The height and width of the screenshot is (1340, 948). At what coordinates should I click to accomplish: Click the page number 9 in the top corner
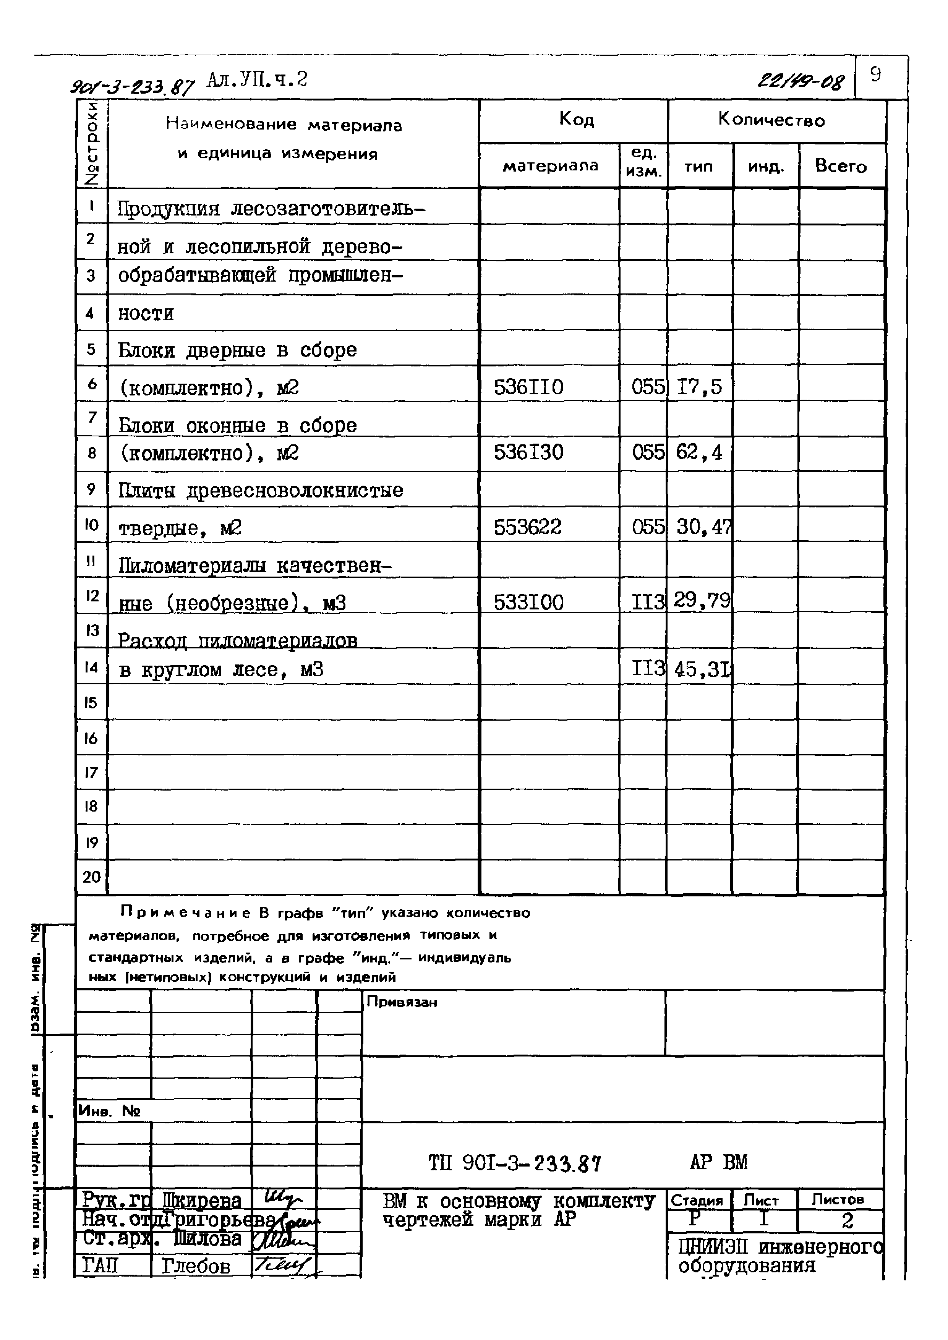[875, 75]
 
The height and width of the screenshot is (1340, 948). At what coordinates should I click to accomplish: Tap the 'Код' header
[576, 120]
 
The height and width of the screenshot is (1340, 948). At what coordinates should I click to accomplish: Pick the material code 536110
[528, 387]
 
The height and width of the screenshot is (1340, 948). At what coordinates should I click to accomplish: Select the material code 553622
[527, 527]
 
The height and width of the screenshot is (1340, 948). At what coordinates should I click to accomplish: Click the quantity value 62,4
[699, 452]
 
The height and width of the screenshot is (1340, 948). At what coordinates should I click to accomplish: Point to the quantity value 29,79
[702, 600]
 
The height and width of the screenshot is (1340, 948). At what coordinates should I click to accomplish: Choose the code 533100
[528, 602]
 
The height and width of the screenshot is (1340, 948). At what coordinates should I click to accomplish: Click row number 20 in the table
[92, 877]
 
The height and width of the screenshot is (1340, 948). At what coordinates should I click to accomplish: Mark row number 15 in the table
[91, 702]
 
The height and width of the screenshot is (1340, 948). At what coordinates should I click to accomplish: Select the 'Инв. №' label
[109, 1111]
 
